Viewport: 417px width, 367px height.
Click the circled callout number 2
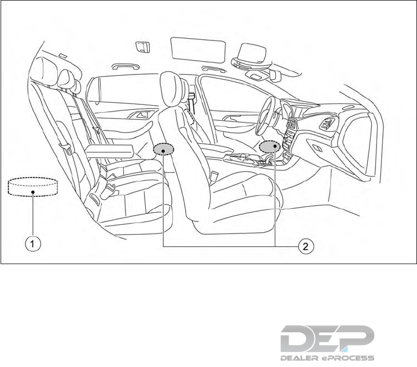(306, 246)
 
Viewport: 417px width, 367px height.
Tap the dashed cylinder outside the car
(33, 188)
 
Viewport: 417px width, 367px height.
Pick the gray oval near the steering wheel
(270, 147)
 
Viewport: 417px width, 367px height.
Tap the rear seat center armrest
(110, 151)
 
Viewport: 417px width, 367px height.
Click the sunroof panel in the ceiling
(198, 49)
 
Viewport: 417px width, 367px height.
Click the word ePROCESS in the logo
(349, 357)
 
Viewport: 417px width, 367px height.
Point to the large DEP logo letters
(327, 338)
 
